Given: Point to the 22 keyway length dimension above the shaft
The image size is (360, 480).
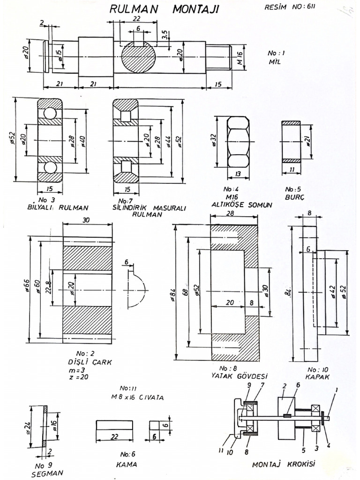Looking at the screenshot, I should (x=136, y=18).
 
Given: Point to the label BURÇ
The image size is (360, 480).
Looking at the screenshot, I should (x=294, y=197).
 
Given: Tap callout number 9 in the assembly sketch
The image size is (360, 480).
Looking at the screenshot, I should (x=250, y=385).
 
